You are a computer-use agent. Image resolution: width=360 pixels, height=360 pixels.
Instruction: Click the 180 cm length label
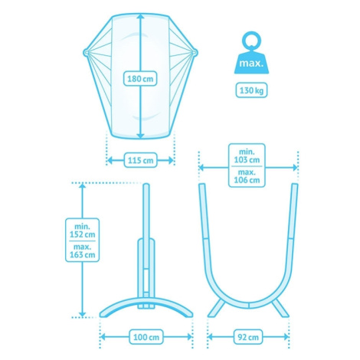pyautogui.click(x=140, y=79)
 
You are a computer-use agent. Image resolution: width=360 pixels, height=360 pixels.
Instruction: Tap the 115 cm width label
pyautogui.click(x=140, y=160)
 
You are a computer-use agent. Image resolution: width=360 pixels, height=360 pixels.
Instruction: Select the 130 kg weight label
pyautogui.click(x=251, y=90)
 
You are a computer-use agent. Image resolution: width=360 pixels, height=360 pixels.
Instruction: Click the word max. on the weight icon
pyautogui.click(x=251, y=63)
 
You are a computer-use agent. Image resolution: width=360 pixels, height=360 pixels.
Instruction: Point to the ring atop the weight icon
pyautogui.click(x=251, y=41)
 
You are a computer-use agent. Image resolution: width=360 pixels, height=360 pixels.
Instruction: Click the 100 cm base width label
pyautogui.click(x=146, y=337)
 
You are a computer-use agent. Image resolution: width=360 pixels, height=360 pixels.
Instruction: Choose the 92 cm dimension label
pyautogui.click(x=248, y=337)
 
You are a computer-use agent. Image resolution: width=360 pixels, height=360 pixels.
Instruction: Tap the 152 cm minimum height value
pyautogui.click(x=82, y=234)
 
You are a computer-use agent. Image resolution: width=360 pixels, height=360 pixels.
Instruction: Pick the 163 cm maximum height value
pyautogui.click(x=82, y=254)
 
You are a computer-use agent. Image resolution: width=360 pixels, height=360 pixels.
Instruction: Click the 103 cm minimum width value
pyautogui.click(x=247, y=160)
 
